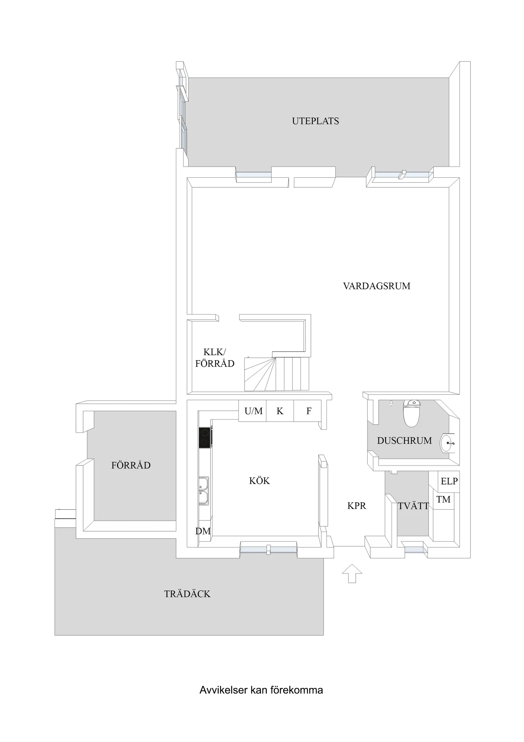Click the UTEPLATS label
point(315,121)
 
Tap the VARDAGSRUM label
point(376,286)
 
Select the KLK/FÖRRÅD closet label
point(215,358)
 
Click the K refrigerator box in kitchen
point(279,411)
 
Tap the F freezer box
point(308,411)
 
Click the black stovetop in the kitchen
point(205,437)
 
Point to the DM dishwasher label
point(203,531)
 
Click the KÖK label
point(259,481)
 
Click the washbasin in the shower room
point(447,443)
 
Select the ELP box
point(449,481)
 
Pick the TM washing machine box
point(443,500)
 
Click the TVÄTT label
point(413,506)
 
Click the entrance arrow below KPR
point(352,573)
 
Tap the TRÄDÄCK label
point(187,594)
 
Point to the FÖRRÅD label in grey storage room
point(131,465)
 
